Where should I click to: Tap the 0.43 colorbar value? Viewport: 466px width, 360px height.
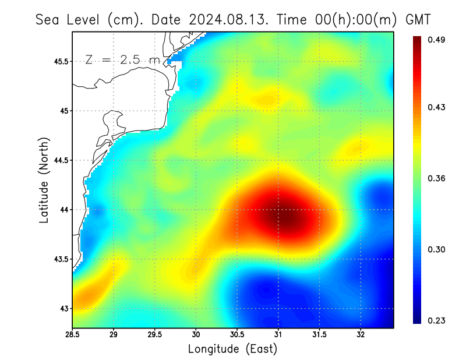[x=437, y=107]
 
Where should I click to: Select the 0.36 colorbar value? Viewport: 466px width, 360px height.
[x=437, y=178]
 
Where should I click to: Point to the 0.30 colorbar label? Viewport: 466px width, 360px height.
[x=437, y=249]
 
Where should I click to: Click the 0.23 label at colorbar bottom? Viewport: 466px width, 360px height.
[x=437, y=320]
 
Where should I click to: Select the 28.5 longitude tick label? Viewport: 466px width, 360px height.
[x=73, y=335]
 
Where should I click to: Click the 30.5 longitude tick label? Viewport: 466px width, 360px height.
[x=237, y=335]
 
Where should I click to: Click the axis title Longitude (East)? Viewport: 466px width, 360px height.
[x=232, y=349]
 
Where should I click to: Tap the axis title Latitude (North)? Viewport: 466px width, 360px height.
[x=44, y=180]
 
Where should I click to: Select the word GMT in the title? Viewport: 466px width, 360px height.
[x=418, y=19]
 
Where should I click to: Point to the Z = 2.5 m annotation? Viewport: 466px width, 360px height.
[x=121, y=59]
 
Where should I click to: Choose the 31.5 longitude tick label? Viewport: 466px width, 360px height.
[x=319, y=335]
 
